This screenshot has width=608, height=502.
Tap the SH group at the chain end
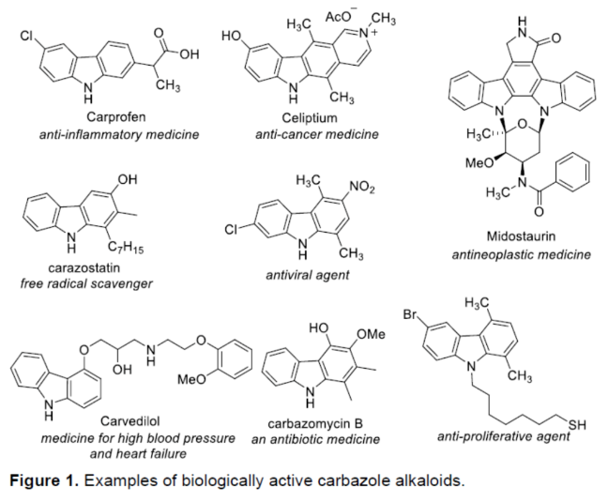point(577,425)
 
